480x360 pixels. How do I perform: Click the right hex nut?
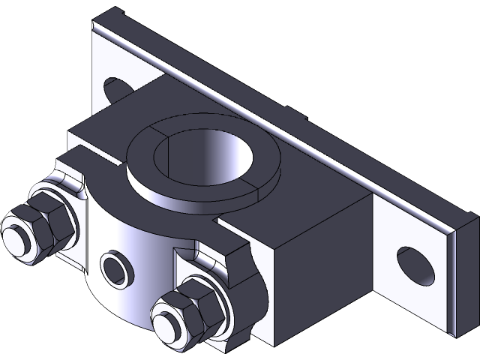click(196, 307)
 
